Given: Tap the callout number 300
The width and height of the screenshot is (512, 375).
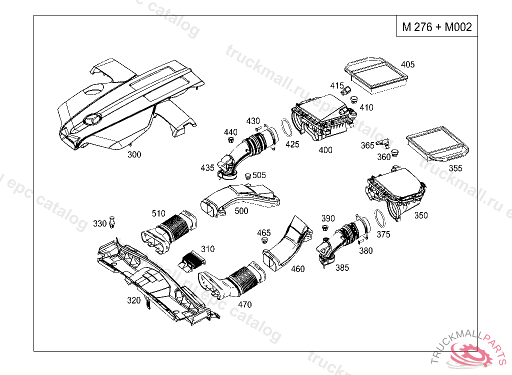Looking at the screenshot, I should point(134,154).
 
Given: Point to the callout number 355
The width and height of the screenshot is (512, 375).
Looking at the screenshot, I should point(455,168).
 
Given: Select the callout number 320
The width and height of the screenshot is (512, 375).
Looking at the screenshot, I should point(133,300).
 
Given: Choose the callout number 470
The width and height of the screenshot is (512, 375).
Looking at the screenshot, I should point(244,304).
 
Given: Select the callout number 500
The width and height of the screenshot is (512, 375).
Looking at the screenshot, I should point(241,211).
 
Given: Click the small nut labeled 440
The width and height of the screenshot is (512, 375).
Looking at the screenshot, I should point(231,141).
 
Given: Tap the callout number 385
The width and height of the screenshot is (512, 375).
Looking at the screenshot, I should point(342,267).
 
